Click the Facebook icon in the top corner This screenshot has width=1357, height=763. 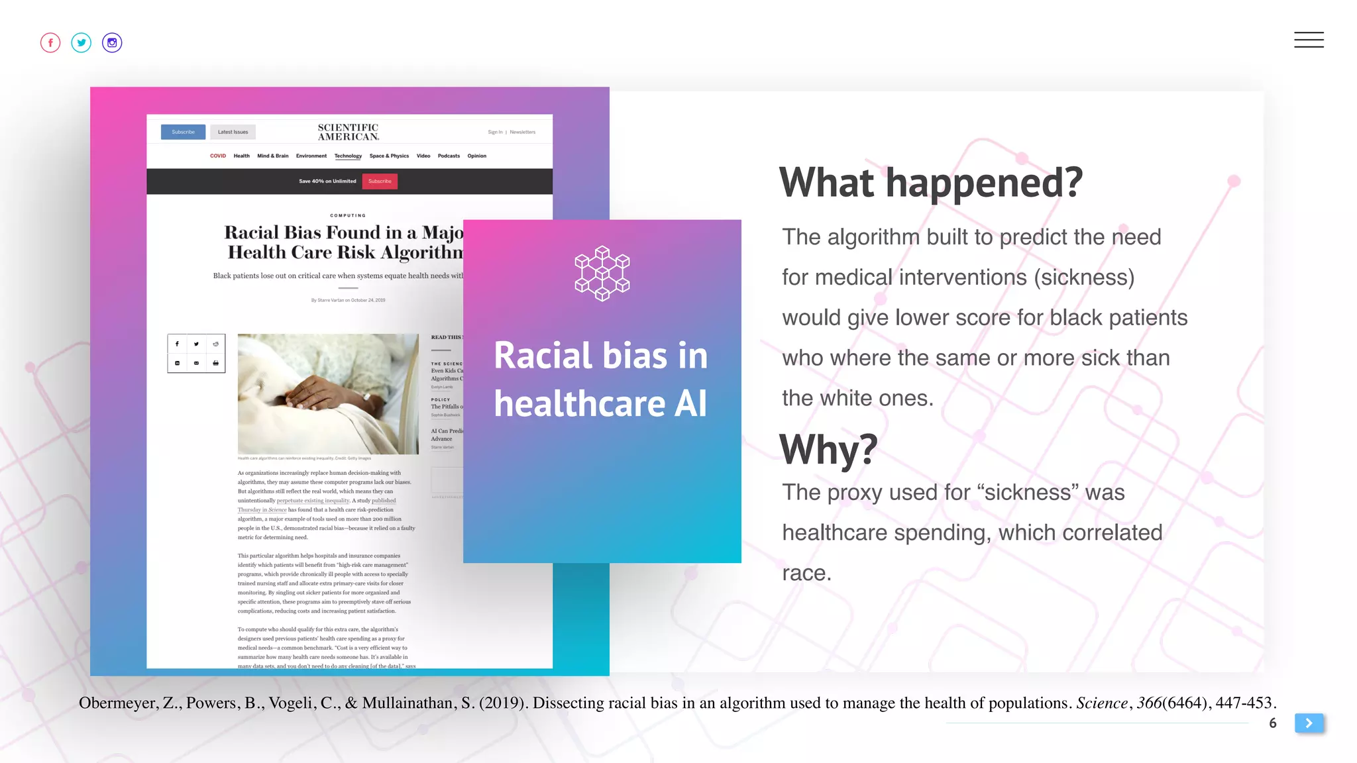tap(50, 43)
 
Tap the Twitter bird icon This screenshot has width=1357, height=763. tap(81, 43)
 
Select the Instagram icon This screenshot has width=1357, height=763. tap(112, 43)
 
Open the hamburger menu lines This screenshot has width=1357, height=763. tap(1309, 40)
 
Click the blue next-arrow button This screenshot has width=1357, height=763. tap(1309, 723)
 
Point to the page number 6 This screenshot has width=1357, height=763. tap(1273, 723)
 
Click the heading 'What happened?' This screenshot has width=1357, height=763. tap(930, 183)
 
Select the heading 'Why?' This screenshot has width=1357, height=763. tap(828, 450)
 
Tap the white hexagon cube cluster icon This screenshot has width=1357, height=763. tap(602, 274)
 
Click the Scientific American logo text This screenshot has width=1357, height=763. tap(348, 132)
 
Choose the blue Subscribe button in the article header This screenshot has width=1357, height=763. tap(183, 132)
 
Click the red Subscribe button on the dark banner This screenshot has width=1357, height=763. tap(380, 181)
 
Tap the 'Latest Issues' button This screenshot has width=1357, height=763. tap(233, 132)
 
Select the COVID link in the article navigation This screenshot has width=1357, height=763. tap(218, 156)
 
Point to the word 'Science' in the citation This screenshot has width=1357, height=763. tap(1101, 703)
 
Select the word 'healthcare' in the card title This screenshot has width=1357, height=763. tap(579, 403)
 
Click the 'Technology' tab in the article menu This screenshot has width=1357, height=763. tap(348, 156)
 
